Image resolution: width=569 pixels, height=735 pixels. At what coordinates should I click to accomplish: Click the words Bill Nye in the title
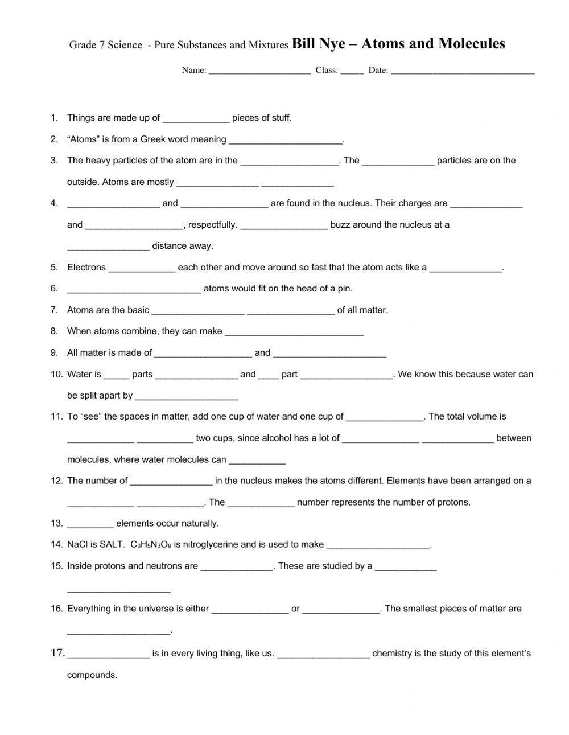(x=319, y=44)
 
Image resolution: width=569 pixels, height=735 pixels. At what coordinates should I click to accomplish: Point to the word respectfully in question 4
(x=212, y=225)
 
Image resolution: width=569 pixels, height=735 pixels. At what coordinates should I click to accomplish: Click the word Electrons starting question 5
(x=86, y=268)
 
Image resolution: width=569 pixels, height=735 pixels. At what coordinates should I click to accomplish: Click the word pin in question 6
(x=344, y=289)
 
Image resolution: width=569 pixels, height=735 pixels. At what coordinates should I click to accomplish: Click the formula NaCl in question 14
(x=77, y=545)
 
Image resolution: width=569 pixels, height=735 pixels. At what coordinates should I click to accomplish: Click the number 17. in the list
(x=58, y=653)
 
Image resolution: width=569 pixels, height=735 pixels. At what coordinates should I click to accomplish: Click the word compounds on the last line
(x=92, y=675)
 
